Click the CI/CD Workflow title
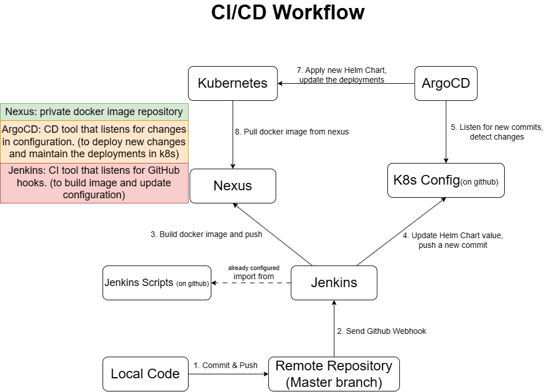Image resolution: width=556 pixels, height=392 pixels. point(288,12)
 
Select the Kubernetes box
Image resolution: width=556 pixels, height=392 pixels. point(232,83)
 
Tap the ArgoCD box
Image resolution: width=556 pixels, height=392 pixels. point(445,83)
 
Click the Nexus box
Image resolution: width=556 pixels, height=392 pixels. point(232,186)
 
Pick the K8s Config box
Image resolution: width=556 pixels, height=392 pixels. point(445,180)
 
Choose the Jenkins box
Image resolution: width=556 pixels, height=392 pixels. point(334,283)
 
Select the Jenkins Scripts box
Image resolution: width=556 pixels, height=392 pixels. point(157,283)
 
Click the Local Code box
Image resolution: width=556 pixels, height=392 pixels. point(145,374)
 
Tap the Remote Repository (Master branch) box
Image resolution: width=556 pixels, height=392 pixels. point(334,374)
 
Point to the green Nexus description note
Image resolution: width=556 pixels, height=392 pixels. point(94,112)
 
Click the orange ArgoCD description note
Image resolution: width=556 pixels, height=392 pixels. point(94,141)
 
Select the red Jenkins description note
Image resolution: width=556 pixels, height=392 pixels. point(94,183)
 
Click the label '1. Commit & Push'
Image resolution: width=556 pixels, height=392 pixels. point(226,365)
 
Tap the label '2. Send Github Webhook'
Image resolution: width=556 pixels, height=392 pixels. point(382,331)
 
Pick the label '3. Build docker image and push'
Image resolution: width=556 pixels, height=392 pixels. point(206,235)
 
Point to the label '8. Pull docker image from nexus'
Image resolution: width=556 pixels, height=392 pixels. point(292,132)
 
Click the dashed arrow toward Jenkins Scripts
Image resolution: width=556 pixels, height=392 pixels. point(251,283)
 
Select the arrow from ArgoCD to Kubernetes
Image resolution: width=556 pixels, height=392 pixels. point(346,83)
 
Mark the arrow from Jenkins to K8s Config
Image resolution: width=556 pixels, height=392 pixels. point(402,231)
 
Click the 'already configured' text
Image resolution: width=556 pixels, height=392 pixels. point(254,268)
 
